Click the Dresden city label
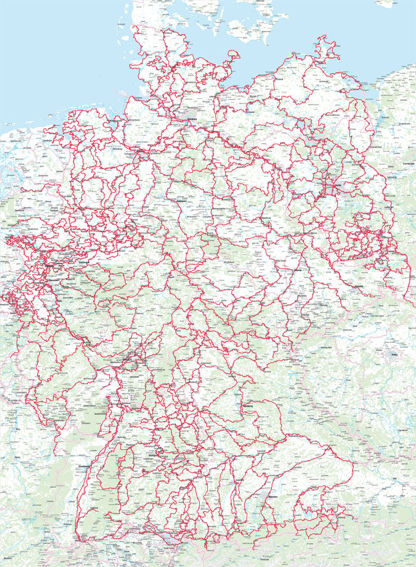point(358,286)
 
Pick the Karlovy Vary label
point(326,346)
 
